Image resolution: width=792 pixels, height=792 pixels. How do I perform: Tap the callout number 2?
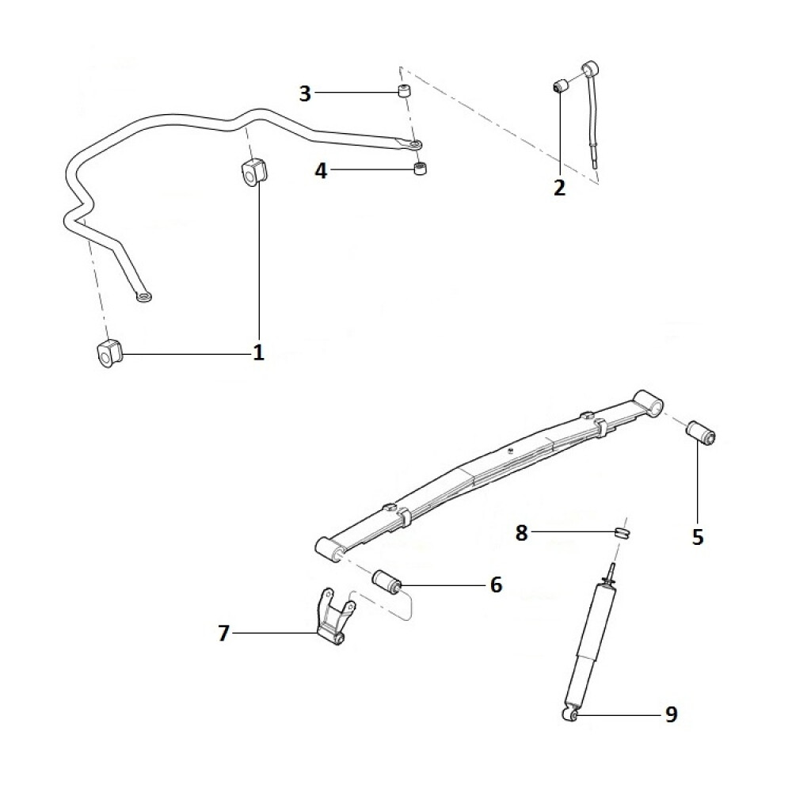click(560, 188)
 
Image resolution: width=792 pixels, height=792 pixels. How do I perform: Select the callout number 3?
click(305, 93)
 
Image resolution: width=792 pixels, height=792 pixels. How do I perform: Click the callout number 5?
click(698, 537)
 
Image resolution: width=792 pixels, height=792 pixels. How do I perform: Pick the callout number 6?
click(496, 585)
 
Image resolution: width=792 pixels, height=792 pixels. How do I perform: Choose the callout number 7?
click(223, 633)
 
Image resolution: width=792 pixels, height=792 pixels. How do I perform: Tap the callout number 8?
click(521, 533)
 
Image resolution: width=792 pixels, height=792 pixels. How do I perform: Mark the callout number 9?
click(671, 715)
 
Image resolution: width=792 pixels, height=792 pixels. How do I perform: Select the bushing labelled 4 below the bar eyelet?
click(421, 169)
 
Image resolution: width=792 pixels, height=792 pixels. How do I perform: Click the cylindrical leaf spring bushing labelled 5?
click(700, 433)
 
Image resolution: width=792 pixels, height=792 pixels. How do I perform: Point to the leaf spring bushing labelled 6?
click(388, 581)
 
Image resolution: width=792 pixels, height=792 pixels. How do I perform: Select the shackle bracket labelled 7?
click(333, 622)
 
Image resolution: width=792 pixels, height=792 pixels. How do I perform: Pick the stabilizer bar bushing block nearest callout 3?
click(253, 173)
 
